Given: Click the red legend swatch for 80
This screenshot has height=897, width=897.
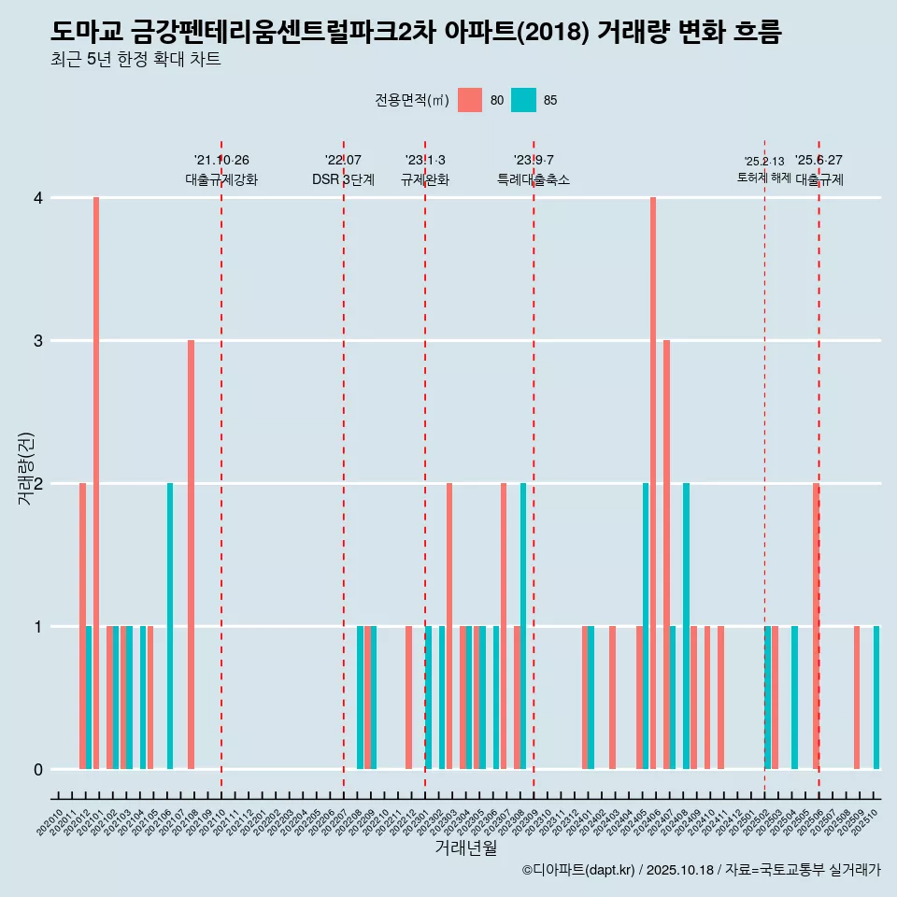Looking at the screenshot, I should (470, 100).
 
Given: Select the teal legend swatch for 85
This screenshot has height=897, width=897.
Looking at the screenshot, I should (523, 100).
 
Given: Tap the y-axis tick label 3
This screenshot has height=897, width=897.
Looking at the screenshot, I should (38, 341).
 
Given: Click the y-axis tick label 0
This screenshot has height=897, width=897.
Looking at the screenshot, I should (38, 770).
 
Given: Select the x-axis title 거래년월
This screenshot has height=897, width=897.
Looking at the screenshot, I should (465, 847).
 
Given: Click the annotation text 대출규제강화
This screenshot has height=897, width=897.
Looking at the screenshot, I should (221, 179).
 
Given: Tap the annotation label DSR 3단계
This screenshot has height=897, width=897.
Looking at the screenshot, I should (343, 179).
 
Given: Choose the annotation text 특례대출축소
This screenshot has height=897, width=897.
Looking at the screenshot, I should (533, 179).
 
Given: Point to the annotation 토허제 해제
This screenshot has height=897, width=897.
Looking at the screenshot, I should (763, 178).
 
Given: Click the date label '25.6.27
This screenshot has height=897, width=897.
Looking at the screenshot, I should (819, 160).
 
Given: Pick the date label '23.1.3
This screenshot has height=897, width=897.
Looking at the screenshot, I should (425, 160).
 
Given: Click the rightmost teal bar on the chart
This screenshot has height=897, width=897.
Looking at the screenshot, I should (876, 697).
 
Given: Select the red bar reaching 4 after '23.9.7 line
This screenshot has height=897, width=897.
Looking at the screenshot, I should (653, 483).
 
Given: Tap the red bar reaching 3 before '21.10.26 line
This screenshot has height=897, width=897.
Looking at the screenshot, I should (191, 554).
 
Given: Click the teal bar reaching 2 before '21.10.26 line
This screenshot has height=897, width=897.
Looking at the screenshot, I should (170, 626).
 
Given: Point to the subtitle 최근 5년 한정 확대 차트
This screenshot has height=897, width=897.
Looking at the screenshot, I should (135, 60).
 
